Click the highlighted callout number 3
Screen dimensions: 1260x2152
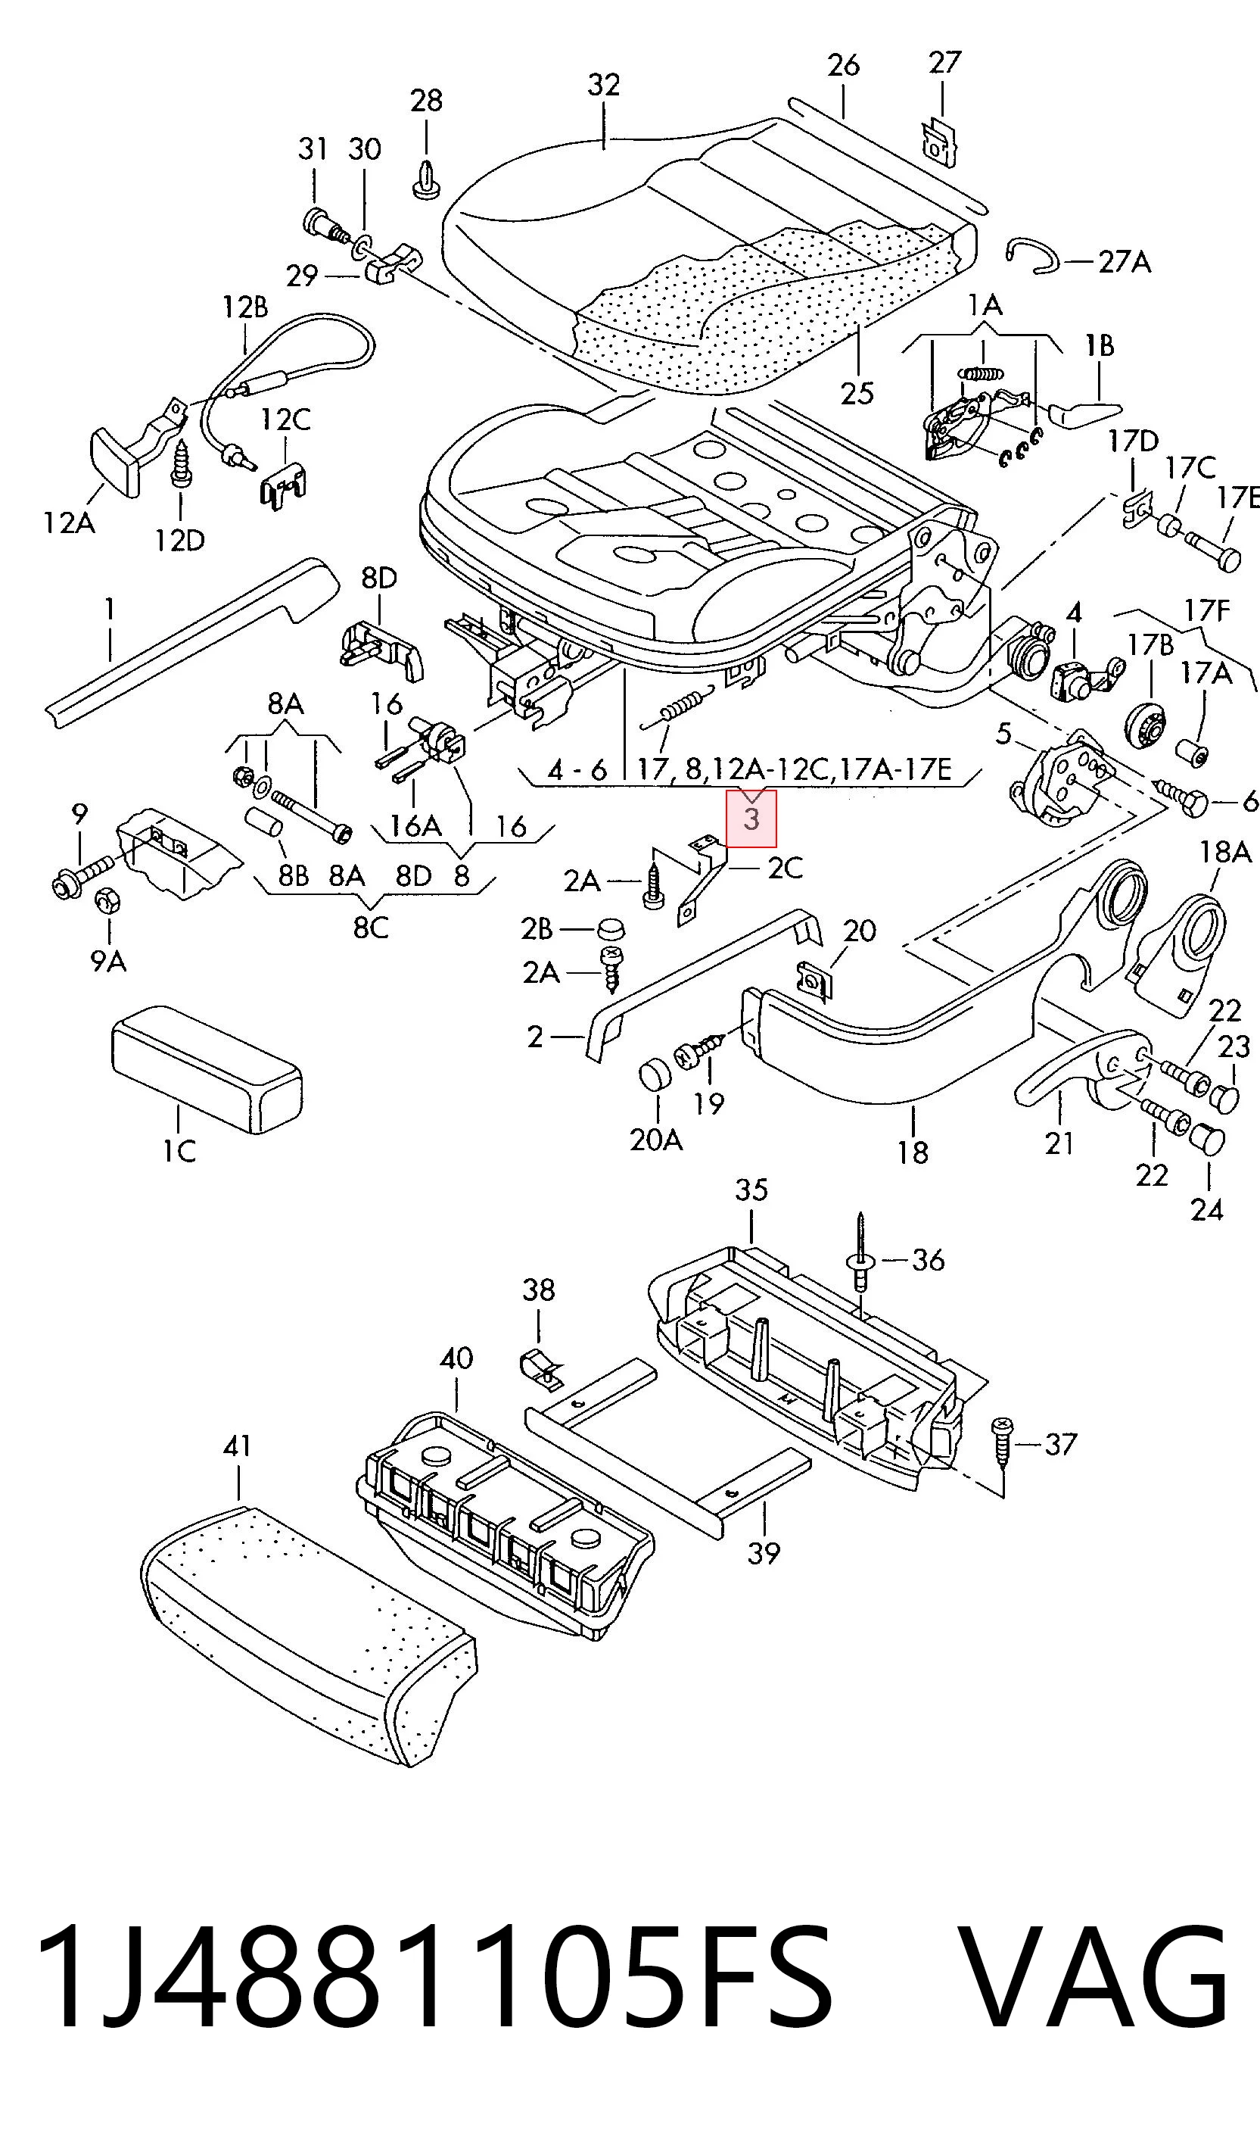(x=751, y=819)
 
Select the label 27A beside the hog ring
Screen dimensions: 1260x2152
(x=1125, y=261)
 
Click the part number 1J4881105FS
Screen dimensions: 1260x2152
(x=434, y=1979)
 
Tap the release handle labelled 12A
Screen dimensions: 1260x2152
(x=115, y=463)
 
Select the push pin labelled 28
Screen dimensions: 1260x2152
(x=426, y=179)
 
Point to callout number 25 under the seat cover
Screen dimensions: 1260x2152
(x=857, y=394)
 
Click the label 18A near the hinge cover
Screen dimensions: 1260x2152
(x=1225, y=851)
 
